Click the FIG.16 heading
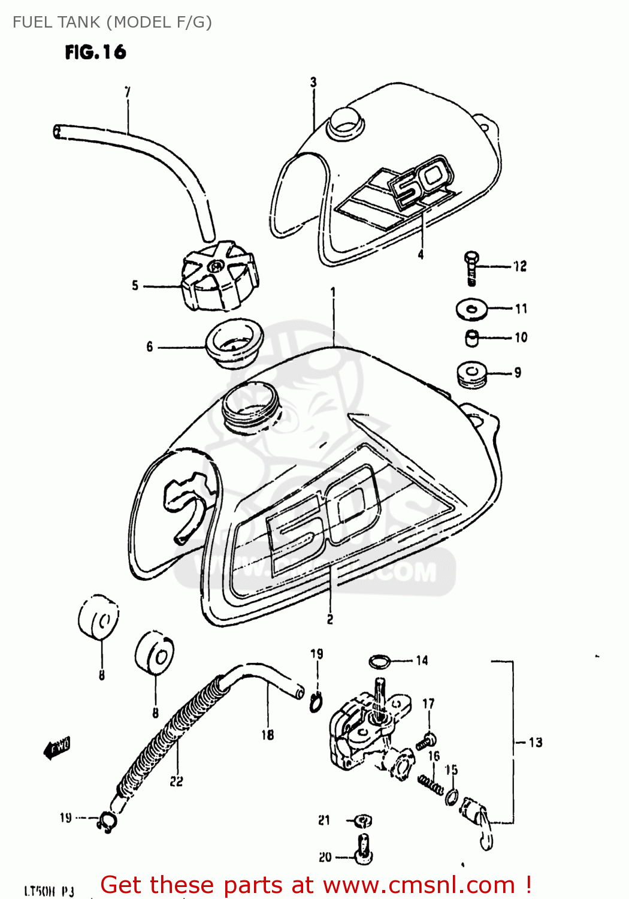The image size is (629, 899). point(95,52)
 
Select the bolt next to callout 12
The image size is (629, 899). point(471,267)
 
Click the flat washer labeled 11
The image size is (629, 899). point(471,309)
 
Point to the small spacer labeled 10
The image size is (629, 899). point(472,338)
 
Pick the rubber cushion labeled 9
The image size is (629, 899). point(472,375)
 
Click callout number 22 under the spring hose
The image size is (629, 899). point(176,782)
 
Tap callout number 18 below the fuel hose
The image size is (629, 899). point(267,734)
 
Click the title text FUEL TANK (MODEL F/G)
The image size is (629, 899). point(112,22)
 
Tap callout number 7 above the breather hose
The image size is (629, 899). point(127,92)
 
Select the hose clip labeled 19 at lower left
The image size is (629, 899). point(108,822)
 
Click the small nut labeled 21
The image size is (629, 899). point(364,820)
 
